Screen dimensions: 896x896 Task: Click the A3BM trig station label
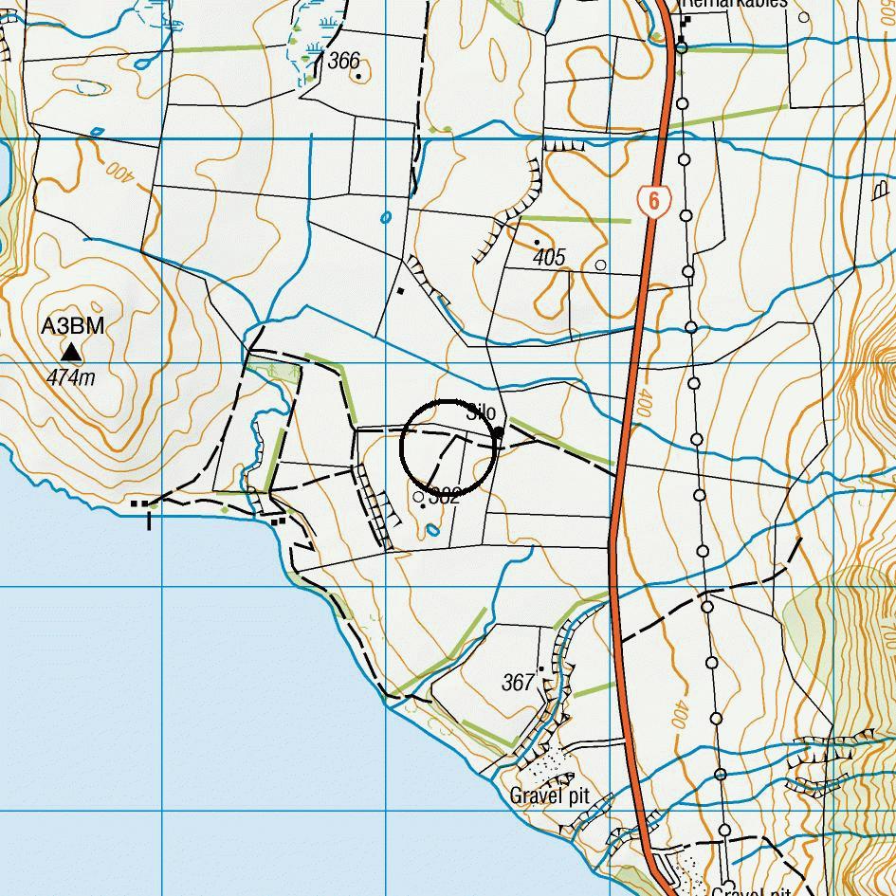pos(72,327)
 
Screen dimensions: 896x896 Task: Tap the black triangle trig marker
pos(71,353)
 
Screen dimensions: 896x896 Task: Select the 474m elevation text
pos(71,378)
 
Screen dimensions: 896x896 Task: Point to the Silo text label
pos(482,413)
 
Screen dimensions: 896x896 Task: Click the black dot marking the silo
pos(499,433)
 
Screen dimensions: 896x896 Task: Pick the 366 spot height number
pos(343,62)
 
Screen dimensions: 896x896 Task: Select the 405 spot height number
pos(549,257)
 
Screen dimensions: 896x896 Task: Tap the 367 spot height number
pos(518,682)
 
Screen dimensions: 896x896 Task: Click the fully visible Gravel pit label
pos(550,795)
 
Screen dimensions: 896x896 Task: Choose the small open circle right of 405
pos(600,265)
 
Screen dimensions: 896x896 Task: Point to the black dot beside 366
pos(358,77)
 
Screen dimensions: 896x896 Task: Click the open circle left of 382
pos(419,496)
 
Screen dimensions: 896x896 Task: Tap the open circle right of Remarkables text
pos(804,16)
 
